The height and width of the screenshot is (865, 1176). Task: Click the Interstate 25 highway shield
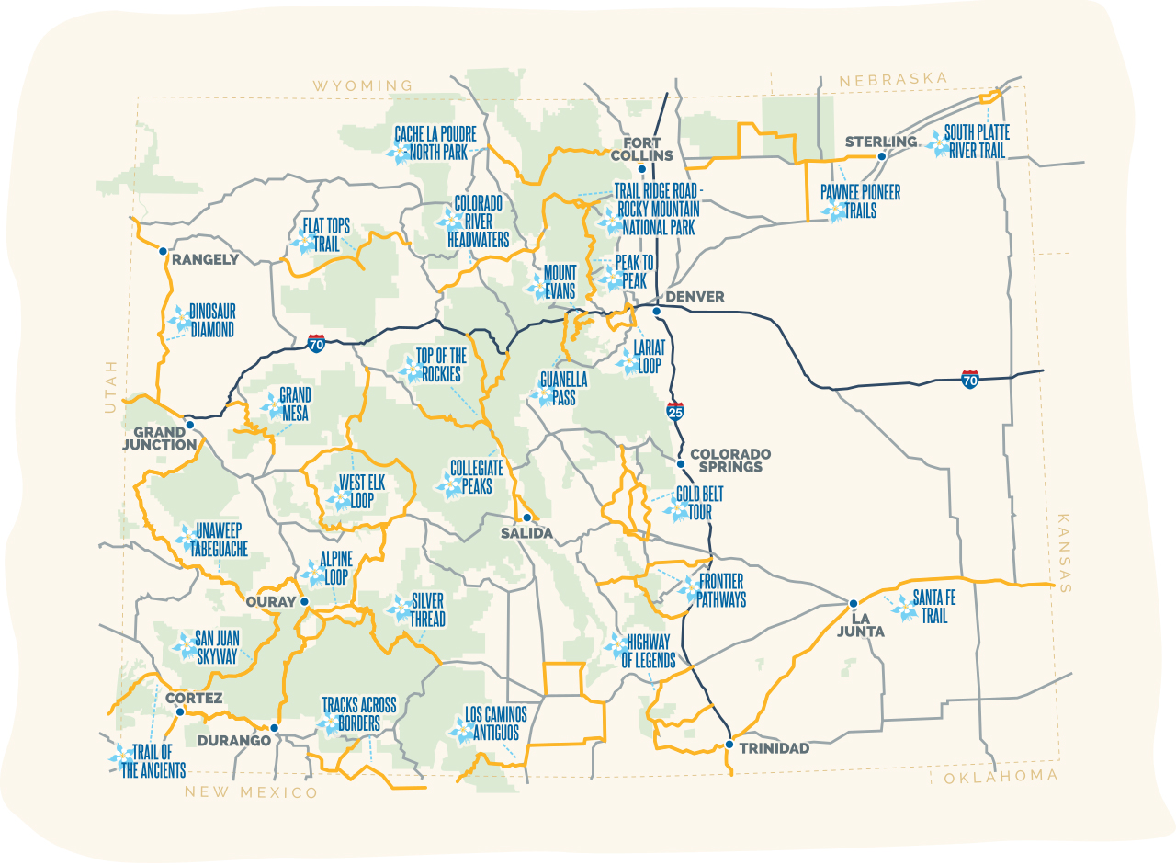point(675,411)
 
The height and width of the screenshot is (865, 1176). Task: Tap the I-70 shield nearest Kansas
point(969,379)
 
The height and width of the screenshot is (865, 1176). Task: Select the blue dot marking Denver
point(657,311)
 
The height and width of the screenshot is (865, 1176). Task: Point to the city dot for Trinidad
point(729,744)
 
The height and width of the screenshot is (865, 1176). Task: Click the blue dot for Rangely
point(163,250)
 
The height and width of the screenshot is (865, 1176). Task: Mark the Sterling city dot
point(881,156)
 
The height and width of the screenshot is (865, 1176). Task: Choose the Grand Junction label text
point(165,438)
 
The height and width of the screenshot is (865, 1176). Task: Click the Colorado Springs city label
point(730,461)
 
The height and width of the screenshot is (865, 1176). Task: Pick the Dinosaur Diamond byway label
point(212,321)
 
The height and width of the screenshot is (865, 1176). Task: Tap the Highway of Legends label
point(649,651)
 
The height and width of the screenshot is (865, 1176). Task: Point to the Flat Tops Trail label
point(326,236)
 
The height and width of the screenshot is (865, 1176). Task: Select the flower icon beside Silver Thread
point(400,608)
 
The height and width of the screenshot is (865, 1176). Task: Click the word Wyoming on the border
point(362,85)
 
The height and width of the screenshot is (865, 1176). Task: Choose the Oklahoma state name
point(1001,776)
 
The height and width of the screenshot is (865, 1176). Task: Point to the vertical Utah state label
point(110,386)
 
